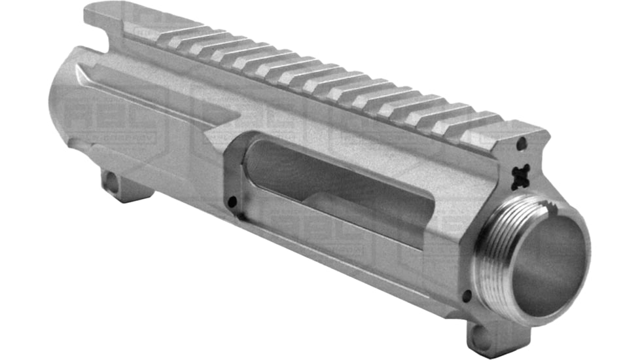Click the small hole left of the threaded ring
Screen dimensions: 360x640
point(465,295)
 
